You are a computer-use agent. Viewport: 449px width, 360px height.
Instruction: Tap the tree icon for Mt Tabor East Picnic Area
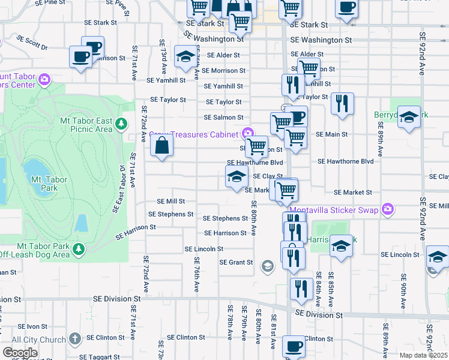click(121, 124)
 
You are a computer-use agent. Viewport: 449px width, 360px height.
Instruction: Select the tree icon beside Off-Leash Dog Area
click(77, 248)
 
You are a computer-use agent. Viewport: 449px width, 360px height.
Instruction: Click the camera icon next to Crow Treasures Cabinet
click(247, 133)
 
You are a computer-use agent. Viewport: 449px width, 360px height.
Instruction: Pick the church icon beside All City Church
click(74, 339)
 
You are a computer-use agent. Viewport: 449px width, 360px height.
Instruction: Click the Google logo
click(20, 353)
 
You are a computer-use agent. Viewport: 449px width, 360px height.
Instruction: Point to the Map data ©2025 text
click(424, 355)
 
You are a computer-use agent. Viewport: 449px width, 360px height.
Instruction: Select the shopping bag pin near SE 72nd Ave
click(162, 145)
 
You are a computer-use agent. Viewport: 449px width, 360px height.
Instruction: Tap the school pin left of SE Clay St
click(237, 176)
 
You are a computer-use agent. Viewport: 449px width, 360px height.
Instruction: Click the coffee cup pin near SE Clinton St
click(294, 346)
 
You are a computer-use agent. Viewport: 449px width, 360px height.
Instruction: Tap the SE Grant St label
click(236, 262)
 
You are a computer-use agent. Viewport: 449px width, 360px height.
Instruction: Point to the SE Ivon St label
click(32, 326)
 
